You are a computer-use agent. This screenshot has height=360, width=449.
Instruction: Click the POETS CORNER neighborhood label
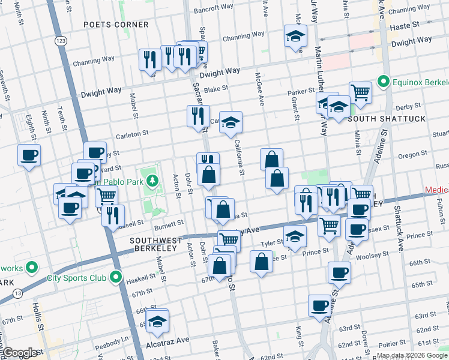point(116,25)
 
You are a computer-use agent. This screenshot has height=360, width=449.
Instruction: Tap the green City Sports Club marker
point(116,278)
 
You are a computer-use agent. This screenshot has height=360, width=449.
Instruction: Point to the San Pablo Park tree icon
point(153,180)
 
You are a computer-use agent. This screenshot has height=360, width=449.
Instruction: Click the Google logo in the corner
point(20,353)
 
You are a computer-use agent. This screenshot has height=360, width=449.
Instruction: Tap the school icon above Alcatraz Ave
point(158,322)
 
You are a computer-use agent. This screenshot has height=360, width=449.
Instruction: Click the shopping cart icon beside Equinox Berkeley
point(360,92)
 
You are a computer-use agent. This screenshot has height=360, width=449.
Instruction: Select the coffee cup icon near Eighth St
point(29,155)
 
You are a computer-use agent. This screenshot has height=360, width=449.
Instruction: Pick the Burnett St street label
point(169,223)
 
